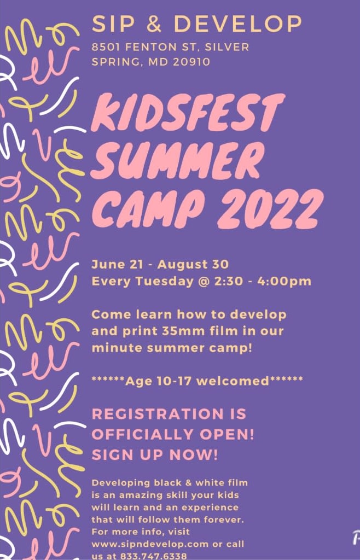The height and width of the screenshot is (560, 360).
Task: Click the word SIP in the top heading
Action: click(112, 24)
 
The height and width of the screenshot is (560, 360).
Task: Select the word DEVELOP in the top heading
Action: click(237, 24)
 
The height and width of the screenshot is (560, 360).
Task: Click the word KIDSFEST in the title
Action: click(188, 112)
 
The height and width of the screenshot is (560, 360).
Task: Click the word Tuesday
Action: click(164, 282)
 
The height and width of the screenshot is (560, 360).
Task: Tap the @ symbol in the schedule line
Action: click(204, 282)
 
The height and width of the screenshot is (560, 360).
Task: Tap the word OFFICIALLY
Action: click(143, 435)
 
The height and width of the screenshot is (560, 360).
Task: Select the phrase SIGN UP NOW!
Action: click(154, 455)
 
